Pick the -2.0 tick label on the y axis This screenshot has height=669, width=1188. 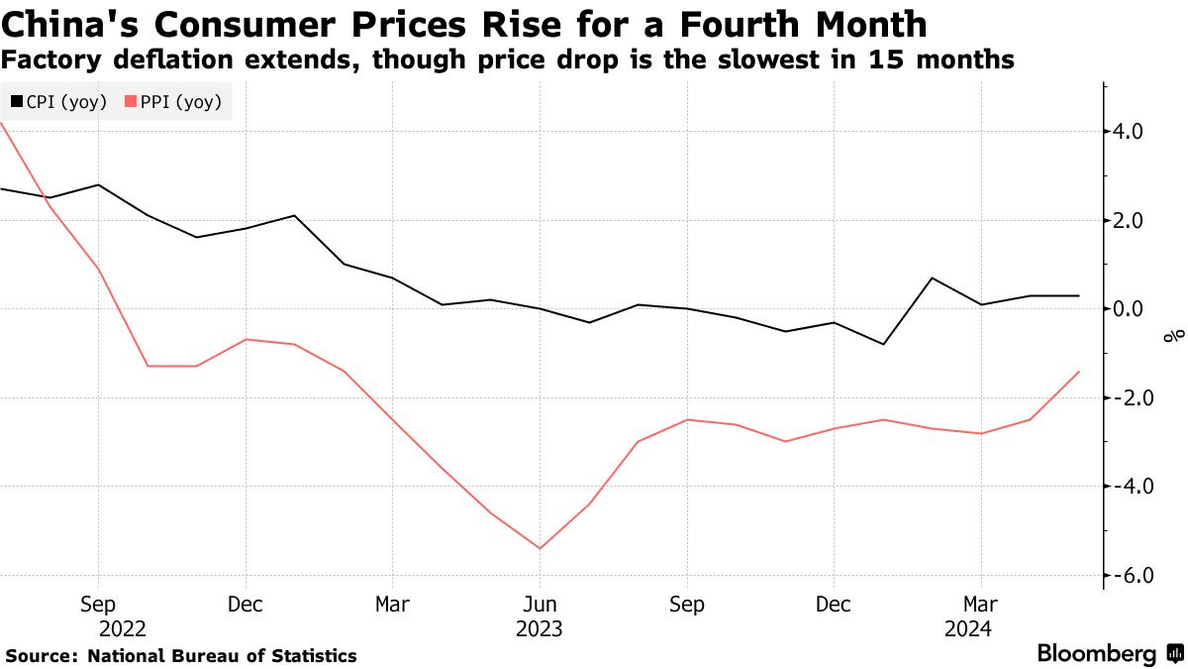point(1129,397)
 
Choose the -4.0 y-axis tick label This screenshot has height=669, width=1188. point(1129,487)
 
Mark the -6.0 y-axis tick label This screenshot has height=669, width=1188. point(1129,575)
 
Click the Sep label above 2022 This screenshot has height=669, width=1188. point(98,604)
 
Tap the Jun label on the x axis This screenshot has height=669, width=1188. point(540,604)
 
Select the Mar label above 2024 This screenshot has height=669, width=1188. point(981,604)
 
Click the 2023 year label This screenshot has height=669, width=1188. point(540,628)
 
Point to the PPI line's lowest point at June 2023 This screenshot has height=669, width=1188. point(540,548)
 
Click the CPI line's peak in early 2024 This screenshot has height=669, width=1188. point(932,278)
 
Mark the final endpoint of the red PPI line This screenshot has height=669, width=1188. point(1078,372)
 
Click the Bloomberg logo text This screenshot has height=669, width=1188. point(1097,654)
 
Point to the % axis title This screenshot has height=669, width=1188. point(1173,336)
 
